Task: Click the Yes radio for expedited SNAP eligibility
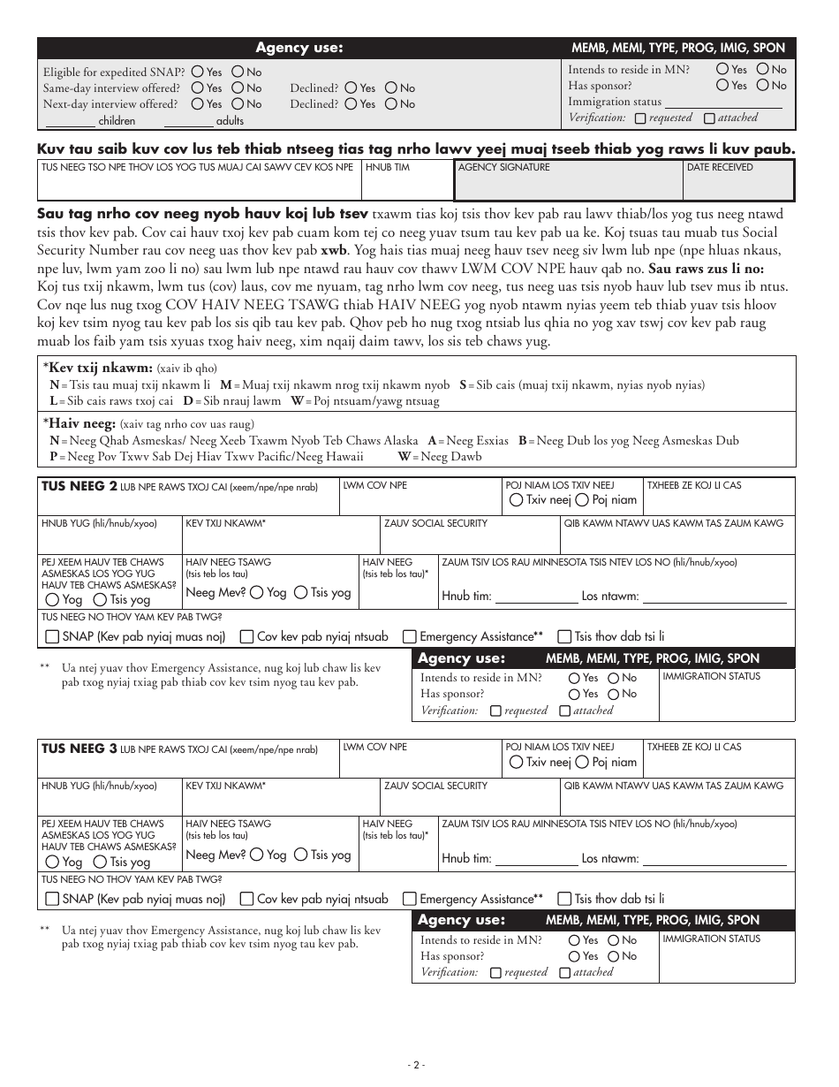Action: pos(198,72)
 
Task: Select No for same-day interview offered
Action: pos(238,88)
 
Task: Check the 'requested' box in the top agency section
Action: pos(640,118)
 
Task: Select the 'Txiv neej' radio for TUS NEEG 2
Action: pos(516,500)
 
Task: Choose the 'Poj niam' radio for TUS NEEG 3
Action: pos(582,762)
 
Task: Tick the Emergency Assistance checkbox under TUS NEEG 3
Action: pos(410,899)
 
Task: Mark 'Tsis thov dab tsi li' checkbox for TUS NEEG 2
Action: pos(564,636)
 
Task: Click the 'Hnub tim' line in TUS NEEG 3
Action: pos(536,859)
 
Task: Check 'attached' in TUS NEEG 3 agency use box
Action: pos(564,972)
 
